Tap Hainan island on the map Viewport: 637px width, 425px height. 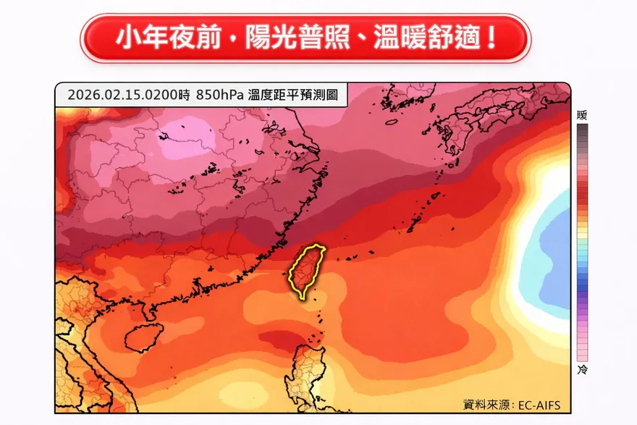[143, 337]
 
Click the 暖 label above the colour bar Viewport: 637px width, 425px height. [582, 115]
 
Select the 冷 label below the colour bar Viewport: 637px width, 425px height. [582, 370]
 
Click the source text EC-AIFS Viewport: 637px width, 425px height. [539, 404]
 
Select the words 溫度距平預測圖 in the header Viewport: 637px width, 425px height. [293, 95]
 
